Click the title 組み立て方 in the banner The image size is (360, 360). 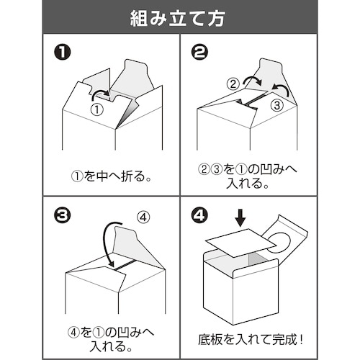click(x=179, y=17)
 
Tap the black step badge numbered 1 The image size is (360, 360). click(x=63, y=53)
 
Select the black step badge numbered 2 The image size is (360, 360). click(x=200, y=53)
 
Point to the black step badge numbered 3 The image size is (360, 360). click(x=63, y=215)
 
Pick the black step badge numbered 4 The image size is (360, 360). click(x=200, y=215)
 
